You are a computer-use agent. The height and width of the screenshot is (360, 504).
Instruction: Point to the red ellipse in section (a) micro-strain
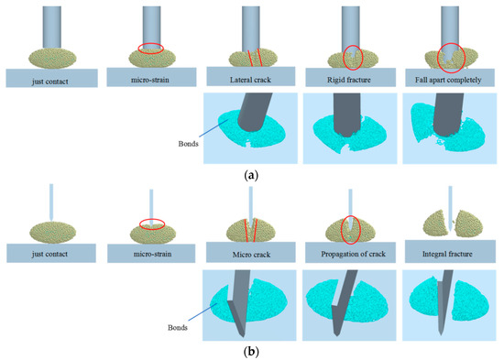pos(151,48)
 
